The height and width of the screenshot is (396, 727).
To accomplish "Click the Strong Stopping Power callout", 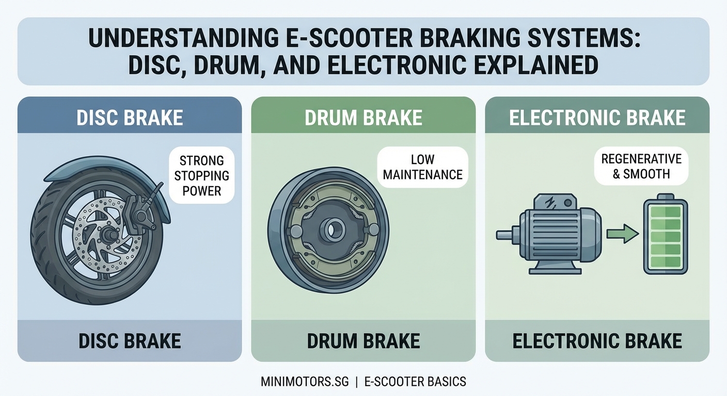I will pyautogui.click(x=201, y=176).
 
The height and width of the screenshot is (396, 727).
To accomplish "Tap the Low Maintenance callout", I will pyautogui.click(x=423, y=168).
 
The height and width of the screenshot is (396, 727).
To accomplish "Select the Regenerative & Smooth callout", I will pyautogui.click(x=641, y=166).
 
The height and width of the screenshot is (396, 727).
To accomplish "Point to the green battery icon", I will pyautogui.click(x=666, y=235).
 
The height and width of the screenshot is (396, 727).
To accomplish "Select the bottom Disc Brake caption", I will pyautogui.click(x=130, y=341).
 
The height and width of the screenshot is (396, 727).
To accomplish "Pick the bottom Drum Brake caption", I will pyautogui.click(x=363, y=341).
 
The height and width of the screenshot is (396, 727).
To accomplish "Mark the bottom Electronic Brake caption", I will pyautogui.click(x=597, y=341).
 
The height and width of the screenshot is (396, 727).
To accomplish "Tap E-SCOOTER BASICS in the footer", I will pyautogui.click(x=415, y=382).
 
